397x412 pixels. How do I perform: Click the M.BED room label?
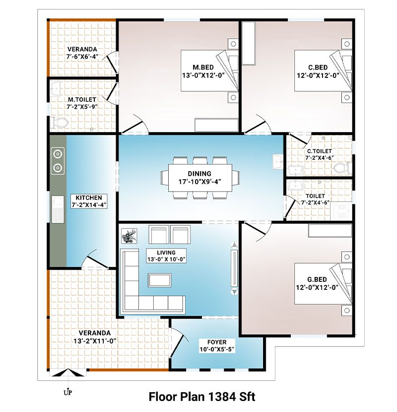(x=203, y=68)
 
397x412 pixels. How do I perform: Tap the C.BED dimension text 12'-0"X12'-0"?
(x=318, y=75)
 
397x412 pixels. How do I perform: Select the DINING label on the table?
(x=199, y=174)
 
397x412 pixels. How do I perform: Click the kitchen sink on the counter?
(x=58, y=209)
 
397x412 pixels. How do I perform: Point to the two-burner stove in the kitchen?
(x=58, y=161)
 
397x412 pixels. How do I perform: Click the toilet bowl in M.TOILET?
(x=60, y=123)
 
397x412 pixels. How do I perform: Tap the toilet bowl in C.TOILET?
(x=342, y=168)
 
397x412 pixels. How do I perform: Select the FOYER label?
(x=217, y=343)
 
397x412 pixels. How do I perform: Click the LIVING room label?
(x=166, y=253)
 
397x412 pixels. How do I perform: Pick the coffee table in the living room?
(x=160, y=280)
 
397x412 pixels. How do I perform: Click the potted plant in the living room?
(x=129, y=236)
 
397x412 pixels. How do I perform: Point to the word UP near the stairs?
(x=67, y=393)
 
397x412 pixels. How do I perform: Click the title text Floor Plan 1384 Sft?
(x=202, y=397)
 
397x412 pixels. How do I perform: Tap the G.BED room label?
(x=317, y=279)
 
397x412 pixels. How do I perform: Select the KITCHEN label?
(x=89, y=198)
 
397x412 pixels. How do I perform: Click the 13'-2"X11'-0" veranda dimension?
(x=95, y=341)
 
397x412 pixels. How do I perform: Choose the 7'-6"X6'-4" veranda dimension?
(x=82, y=57)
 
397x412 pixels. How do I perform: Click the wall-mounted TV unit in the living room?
(x=234, y=268)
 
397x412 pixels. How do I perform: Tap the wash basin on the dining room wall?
(x=277, y=162)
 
